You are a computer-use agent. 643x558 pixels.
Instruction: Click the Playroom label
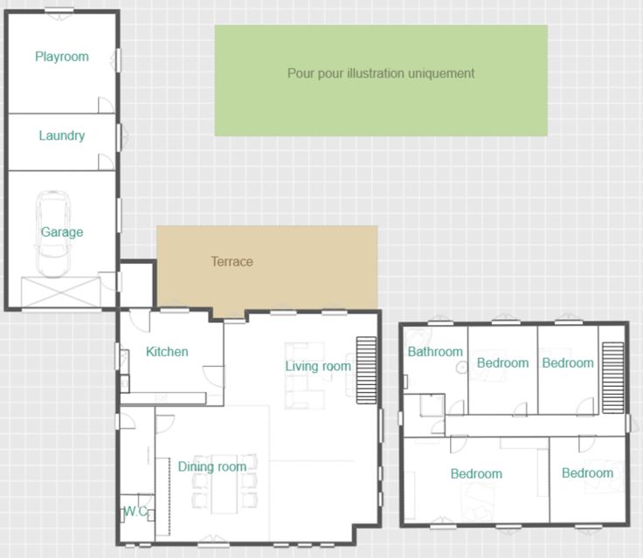(62, 57)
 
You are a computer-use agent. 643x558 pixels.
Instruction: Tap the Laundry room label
(62, 135)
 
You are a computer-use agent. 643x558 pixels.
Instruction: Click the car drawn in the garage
(53, 234)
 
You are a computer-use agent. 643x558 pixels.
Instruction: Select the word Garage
(62, 232)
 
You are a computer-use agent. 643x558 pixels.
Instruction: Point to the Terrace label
(232, 262)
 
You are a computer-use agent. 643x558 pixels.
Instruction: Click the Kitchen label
(167, 352)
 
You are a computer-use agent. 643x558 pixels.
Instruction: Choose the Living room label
(318, 366)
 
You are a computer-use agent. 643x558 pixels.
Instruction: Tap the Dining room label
(212, 466)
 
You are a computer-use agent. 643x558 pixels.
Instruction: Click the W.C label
(135, 511)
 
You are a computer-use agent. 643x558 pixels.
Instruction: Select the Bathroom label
(435, 352)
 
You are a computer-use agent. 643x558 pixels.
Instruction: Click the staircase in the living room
(366, 370)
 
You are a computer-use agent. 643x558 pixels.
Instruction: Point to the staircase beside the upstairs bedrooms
(613, 377)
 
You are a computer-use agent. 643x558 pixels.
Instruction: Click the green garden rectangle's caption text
(381, 73)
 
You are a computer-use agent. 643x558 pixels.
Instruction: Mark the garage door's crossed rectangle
(60, 292)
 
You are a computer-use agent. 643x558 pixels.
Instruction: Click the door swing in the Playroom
(106, 106)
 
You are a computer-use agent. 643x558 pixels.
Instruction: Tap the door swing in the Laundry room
(106, 162)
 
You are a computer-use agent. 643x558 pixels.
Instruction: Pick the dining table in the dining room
(225, 484)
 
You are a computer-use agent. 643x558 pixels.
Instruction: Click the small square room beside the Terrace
(136, 285)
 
